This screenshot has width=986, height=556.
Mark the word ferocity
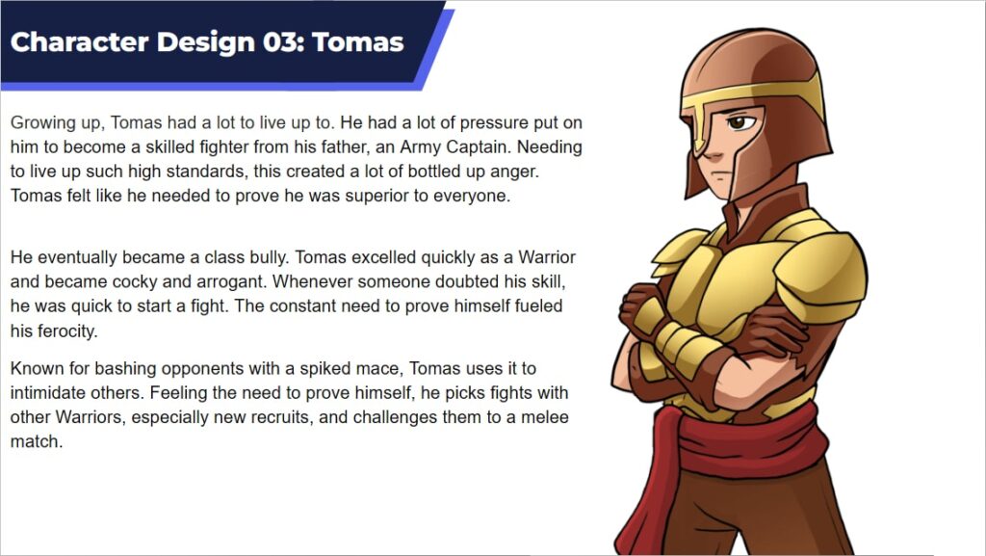point(65,331)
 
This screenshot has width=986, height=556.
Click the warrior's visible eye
point(739,122)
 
